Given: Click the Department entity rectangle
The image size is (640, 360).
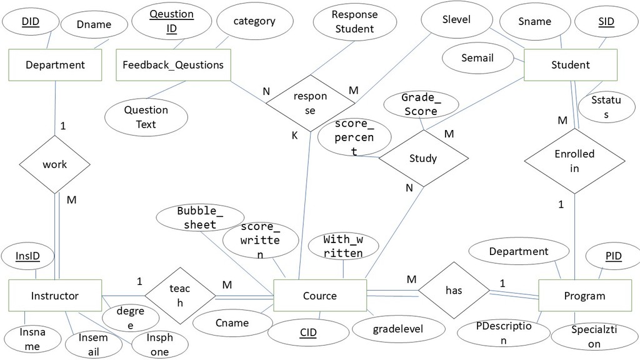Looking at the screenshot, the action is click(55, 65).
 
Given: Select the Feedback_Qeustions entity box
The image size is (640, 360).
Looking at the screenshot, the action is click(174, 65).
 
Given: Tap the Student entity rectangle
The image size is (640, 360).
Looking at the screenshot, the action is click(570, 65).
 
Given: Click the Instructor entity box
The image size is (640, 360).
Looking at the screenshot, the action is click(55, 296).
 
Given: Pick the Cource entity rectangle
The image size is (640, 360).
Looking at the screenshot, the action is click(320, 296).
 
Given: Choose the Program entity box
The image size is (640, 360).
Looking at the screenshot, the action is click(585, 296).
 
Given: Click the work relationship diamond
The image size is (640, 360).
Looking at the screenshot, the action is click(55, 164).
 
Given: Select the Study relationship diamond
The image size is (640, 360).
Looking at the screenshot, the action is click(423, 158).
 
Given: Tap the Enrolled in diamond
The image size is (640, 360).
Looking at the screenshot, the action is click(574, 161).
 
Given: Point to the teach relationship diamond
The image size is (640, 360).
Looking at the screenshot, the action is click(180, 296).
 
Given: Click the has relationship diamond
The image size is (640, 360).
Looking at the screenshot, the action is click(454, 290).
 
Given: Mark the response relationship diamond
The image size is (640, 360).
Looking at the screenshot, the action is click(310, 103).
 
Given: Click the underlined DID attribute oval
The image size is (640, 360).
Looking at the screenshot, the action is click(31, 21).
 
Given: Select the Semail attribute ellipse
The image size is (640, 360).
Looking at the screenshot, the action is click(477, 58).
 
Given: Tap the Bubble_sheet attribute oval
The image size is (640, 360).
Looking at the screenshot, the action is click(200, 217).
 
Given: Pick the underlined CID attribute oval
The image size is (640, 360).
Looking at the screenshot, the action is click(308, 332).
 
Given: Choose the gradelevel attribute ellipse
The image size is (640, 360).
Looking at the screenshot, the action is click(398, 329).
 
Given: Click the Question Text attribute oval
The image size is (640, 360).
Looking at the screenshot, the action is click(146, 117).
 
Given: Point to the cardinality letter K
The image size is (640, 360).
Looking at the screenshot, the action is click(295, 136).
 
